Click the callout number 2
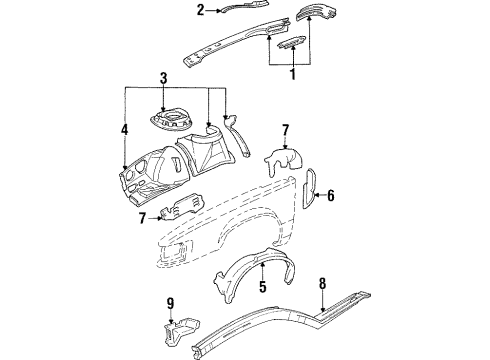[x=201, y=11]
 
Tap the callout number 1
[x=291, y=73]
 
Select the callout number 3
[x=164, y=77]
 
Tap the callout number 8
[x=321, y=283]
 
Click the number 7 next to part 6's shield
[x=285, y=131]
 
